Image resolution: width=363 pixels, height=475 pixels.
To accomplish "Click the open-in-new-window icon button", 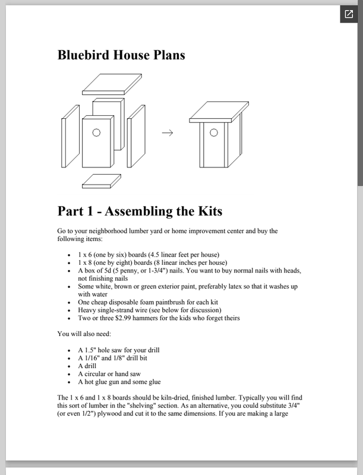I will [348, 14].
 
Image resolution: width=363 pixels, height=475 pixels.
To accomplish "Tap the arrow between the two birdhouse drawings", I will [168, 133].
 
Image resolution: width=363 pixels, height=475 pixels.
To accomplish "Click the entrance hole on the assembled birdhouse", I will [214, 133].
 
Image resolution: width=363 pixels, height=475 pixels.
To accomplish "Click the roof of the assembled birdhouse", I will [219, 112].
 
